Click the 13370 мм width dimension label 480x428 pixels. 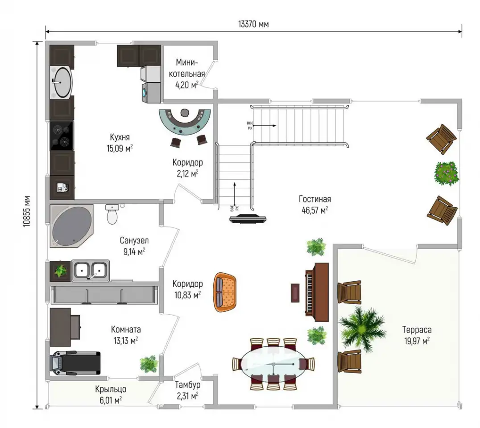coord(253,24)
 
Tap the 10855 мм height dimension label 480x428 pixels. coord(27,211)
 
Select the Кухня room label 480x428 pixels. coord(120,137)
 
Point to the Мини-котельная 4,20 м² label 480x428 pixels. coord(187,74)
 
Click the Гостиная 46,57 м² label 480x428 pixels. coord(314,205)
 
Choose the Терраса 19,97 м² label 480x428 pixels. coord(417,335)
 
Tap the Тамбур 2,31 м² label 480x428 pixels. coord(187,390)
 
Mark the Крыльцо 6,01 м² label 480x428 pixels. coord(111,395)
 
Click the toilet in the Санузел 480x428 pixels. coord(112,214)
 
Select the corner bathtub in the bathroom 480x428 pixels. coord(71,226)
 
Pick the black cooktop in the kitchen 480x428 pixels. coord(62,136)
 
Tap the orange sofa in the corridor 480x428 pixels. coord(225,292)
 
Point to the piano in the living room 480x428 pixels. coord(317,292)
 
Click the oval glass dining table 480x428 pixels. coord(273,364)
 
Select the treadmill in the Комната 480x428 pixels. coord(75,363)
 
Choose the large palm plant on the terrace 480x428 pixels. coord(362,328)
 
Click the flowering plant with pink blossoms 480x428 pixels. coord(447,173)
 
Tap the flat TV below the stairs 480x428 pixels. coord(248,219)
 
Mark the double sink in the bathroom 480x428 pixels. coord(91,271)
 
